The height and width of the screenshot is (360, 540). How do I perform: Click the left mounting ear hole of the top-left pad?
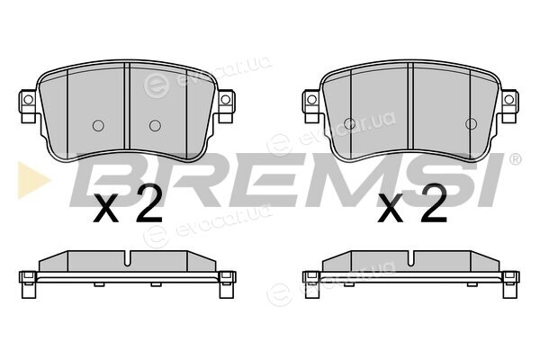[28, 100]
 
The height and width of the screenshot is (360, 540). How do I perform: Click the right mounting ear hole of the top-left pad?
[226, 100]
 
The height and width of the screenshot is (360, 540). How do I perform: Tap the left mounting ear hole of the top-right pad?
[311, 100]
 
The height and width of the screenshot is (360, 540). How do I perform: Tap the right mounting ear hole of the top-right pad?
[509, 100]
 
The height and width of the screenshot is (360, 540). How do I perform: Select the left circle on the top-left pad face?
[98, 126]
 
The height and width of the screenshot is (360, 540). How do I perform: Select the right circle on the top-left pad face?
[155, 126]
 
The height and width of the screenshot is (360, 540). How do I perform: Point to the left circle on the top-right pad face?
[349, 124]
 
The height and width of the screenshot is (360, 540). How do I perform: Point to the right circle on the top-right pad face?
[471, 124]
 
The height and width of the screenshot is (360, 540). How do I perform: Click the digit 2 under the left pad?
[148, 204]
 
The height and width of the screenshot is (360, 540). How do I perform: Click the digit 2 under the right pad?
[433, 203]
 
